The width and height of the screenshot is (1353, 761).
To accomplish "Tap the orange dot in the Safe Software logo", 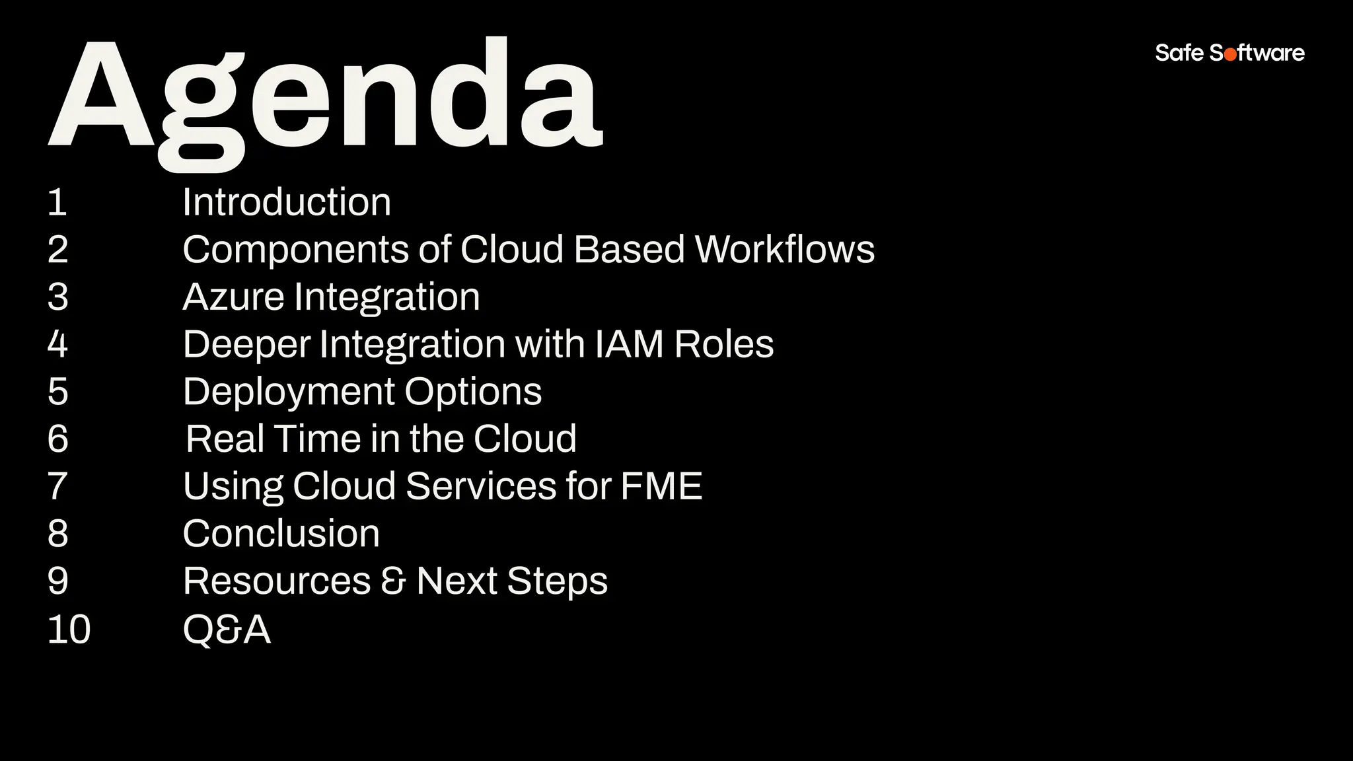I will pyautogui.click(x=1230, y=55).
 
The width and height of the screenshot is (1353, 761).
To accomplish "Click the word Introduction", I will pyautogui.click(x=287, y=202).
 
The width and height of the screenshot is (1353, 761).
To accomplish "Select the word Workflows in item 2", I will pyautogui.click(x=785, y=250).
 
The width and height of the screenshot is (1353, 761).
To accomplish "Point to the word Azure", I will pyautogui.click(x=233, y=297).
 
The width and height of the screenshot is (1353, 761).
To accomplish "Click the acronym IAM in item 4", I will pyautogui.click(x=629, y=345).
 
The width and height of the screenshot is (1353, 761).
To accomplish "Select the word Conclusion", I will pyautogui.click(x=281, y=534).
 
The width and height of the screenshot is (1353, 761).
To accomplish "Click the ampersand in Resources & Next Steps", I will pyautogui.click(x=393, y=581).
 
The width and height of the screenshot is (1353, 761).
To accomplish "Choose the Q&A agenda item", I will pyautogui.click(x=227, y=629).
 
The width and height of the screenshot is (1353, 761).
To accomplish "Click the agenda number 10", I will pyautogui.click(x=69, y=630).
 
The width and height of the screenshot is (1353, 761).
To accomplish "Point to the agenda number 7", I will pyautogui.click(x=58, y=487).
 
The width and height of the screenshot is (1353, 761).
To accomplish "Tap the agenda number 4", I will pyautogui.click(x=58, y=345).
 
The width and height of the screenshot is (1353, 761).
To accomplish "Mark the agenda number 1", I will pyautogui.click(x=57, y=202).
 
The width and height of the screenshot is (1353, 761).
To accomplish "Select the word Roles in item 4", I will pyautogui.click(x=724, y=345).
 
